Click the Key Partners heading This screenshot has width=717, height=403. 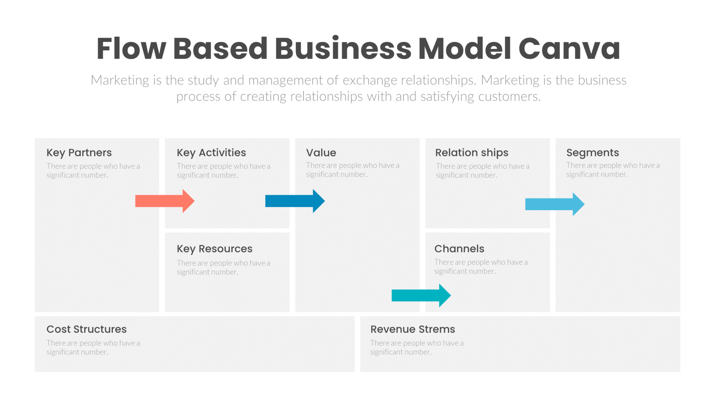coord(79,153)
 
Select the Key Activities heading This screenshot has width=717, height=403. coord(211,153)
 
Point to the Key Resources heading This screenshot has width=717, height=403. coord(214,249)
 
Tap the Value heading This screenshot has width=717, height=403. coord(321,153)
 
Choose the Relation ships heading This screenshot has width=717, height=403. coord(471,153)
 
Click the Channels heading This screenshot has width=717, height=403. coord(459,249)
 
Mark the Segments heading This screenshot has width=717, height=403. coord(592,153)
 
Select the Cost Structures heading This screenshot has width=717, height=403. coord(86,329)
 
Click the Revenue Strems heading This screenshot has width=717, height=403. coord(412,329)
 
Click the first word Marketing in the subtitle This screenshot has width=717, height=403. coord(120,80)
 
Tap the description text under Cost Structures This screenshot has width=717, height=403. coord(93,347)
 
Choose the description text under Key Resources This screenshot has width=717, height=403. coord(223,267)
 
